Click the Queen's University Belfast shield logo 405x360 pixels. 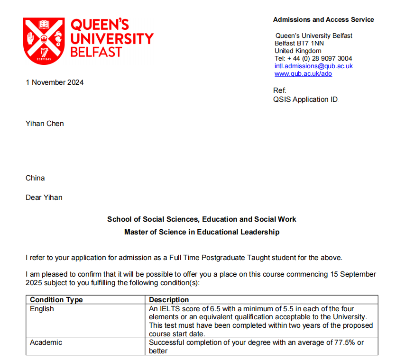(44, 41)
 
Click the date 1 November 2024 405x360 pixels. (55, 82)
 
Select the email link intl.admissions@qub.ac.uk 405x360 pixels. (313, 66)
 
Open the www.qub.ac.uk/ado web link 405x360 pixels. (303, 74)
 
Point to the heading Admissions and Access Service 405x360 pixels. (323, 20)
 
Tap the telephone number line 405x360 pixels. (313, 59)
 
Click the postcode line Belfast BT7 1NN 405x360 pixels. (299, 44)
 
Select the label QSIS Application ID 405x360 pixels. (306, 99)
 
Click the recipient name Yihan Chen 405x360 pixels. (45, 124)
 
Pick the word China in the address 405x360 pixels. (35, 178)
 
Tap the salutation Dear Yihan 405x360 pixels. (44, 198)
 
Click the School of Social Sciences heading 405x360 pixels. (202, 219)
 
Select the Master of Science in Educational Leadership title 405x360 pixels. (202, 232)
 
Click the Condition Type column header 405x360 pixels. (56, 300)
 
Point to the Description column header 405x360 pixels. (169, 300)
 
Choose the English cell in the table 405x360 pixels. (42, 309)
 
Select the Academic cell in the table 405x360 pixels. (46, 342)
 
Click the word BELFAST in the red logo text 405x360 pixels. (96, 52)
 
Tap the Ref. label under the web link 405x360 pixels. (280, 90)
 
